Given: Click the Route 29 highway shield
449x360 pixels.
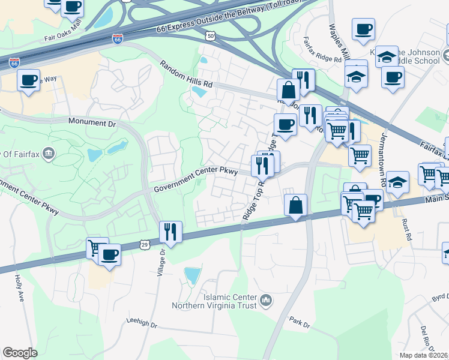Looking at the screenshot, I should tap(144, 244).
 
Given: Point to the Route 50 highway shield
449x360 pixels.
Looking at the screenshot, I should tap(211, 37).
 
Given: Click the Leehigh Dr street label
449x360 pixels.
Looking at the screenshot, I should tap(142, 322).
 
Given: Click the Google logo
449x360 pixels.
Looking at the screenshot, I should tap(20, 353).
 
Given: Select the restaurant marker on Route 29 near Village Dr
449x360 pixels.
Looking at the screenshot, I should tap(170, 231).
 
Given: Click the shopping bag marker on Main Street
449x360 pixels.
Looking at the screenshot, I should tap(296, 205).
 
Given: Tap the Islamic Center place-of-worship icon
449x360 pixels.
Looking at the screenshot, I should tap(267, 299).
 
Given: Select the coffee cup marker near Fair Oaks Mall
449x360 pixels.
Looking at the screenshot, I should tap(73, 7).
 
